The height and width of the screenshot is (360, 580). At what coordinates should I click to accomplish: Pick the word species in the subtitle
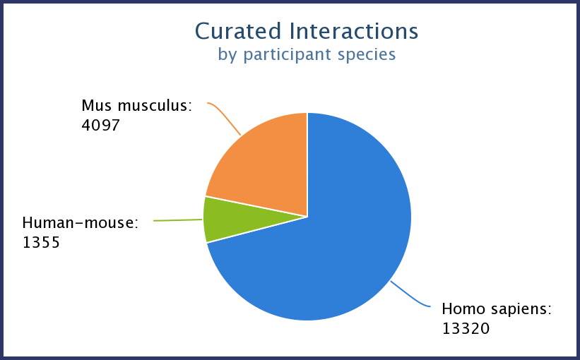(x=366, y=54)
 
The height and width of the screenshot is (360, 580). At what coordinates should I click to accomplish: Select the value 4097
(x=100, y=126)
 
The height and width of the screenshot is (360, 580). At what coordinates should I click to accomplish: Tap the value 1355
(x=41, y=243)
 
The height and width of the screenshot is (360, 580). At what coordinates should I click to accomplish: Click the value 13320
(x=466, y=328)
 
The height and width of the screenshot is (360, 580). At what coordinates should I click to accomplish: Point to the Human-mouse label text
(x=81, y=223)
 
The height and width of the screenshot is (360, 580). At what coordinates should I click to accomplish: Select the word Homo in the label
(x=461, y=308)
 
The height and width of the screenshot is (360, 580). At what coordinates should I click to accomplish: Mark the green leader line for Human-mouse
(x=178, y=220)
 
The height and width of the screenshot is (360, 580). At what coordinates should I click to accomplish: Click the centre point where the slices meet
(x=307, y=216)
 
